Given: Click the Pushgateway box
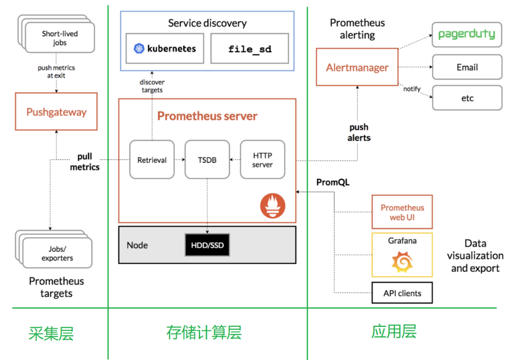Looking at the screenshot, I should point(56,112).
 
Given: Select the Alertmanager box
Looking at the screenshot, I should point(357,67).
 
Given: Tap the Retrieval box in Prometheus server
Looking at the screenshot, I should point(152,160).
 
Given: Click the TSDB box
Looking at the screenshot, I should point(207,160).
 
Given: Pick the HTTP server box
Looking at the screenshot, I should point(262,160).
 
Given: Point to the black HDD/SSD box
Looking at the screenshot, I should point(207,246).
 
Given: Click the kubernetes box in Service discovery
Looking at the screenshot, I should point(165,49).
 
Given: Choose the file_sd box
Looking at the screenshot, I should point(250,49).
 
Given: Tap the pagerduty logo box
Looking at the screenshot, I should point(467,35).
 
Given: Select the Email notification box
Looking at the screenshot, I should point(467,67).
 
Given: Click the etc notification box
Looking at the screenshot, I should point(467,98).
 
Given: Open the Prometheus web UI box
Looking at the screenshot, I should point(402,212).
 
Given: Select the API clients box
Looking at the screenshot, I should point(402,293).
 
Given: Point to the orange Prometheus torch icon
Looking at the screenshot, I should point(273,207).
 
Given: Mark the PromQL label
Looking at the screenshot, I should point(333,182).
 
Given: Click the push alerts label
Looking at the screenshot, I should point(359,132).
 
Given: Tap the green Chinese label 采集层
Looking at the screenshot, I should point(51,334).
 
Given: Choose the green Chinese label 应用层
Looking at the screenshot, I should point(394,331).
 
